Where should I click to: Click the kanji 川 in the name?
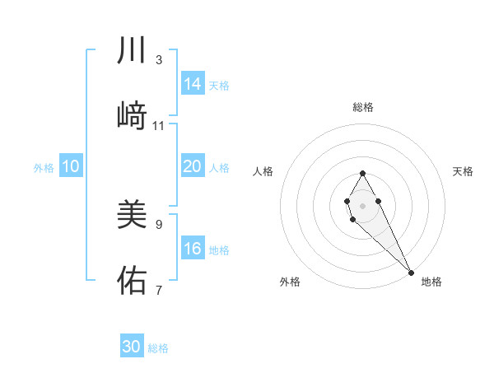pos(132,51)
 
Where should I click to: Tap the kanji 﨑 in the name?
pos(132,116)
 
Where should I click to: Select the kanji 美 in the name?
pos(132,215)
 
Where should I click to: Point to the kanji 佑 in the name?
pos(132,281)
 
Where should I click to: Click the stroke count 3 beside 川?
pos(158,60)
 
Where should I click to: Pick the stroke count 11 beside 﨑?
pos(159,126)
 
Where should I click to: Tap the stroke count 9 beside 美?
pos(158,224)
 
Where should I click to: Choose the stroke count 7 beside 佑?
pos(158,290)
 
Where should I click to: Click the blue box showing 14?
pos(193,84)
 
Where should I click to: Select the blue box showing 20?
pos(193,166)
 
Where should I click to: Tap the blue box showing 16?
pos(193,249)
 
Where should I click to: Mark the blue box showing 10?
pos(71,166)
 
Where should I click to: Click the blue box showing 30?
pos(132,347)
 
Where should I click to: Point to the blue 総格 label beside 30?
pos(158,348)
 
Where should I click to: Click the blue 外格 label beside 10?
pos(44,168)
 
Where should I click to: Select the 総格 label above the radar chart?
pos(362,107)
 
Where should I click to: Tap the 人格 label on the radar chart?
pos(263,171)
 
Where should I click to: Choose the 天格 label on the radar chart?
pos(463,171)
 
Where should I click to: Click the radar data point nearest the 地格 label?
pos(411,272)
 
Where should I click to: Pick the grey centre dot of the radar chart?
pos(362,204)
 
